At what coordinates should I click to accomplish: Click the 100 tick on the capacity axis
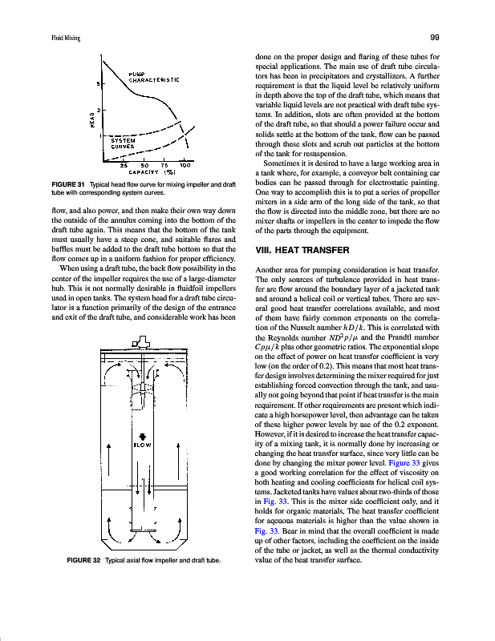point(185,165)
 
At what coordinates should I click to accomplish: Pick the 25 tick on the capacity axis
point(124,165)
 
